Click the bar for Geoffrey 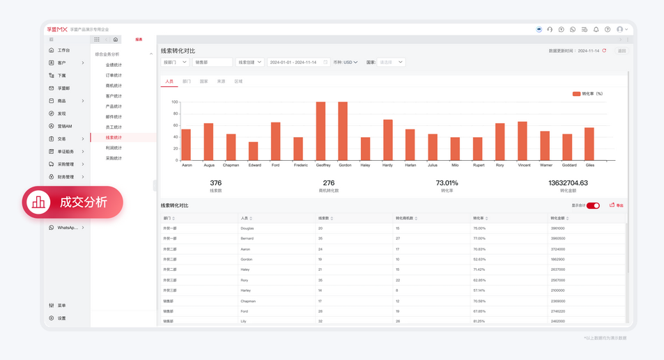[x=321, y=132]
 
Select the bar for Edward [x=253, y=151]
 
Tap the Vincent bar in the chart [x=523, y=141]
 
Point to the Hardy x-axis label [x=387, y=165]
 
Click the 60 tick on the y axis [x=175, y=125]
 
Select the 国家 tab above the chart [x=204, y=81]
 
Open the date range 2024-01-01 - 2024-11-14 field [x=298, y=62]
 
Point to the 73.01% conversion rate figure [x=447, y=183]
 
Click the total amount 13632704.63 [x=568, y=183]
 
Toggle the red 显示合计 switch [x=593, y=205]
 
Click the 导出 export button [x=617, y=205]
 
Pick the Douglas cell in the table [x=247, y=228]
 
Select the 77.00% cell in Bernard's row [x=479, y=239]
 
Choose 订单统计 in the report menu [x=114, y=75]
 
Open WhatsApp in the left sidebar [x=67, y=228]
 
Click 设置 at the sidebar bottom [x=61, y=318]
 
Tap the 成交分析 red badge [x=73, y=203]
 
